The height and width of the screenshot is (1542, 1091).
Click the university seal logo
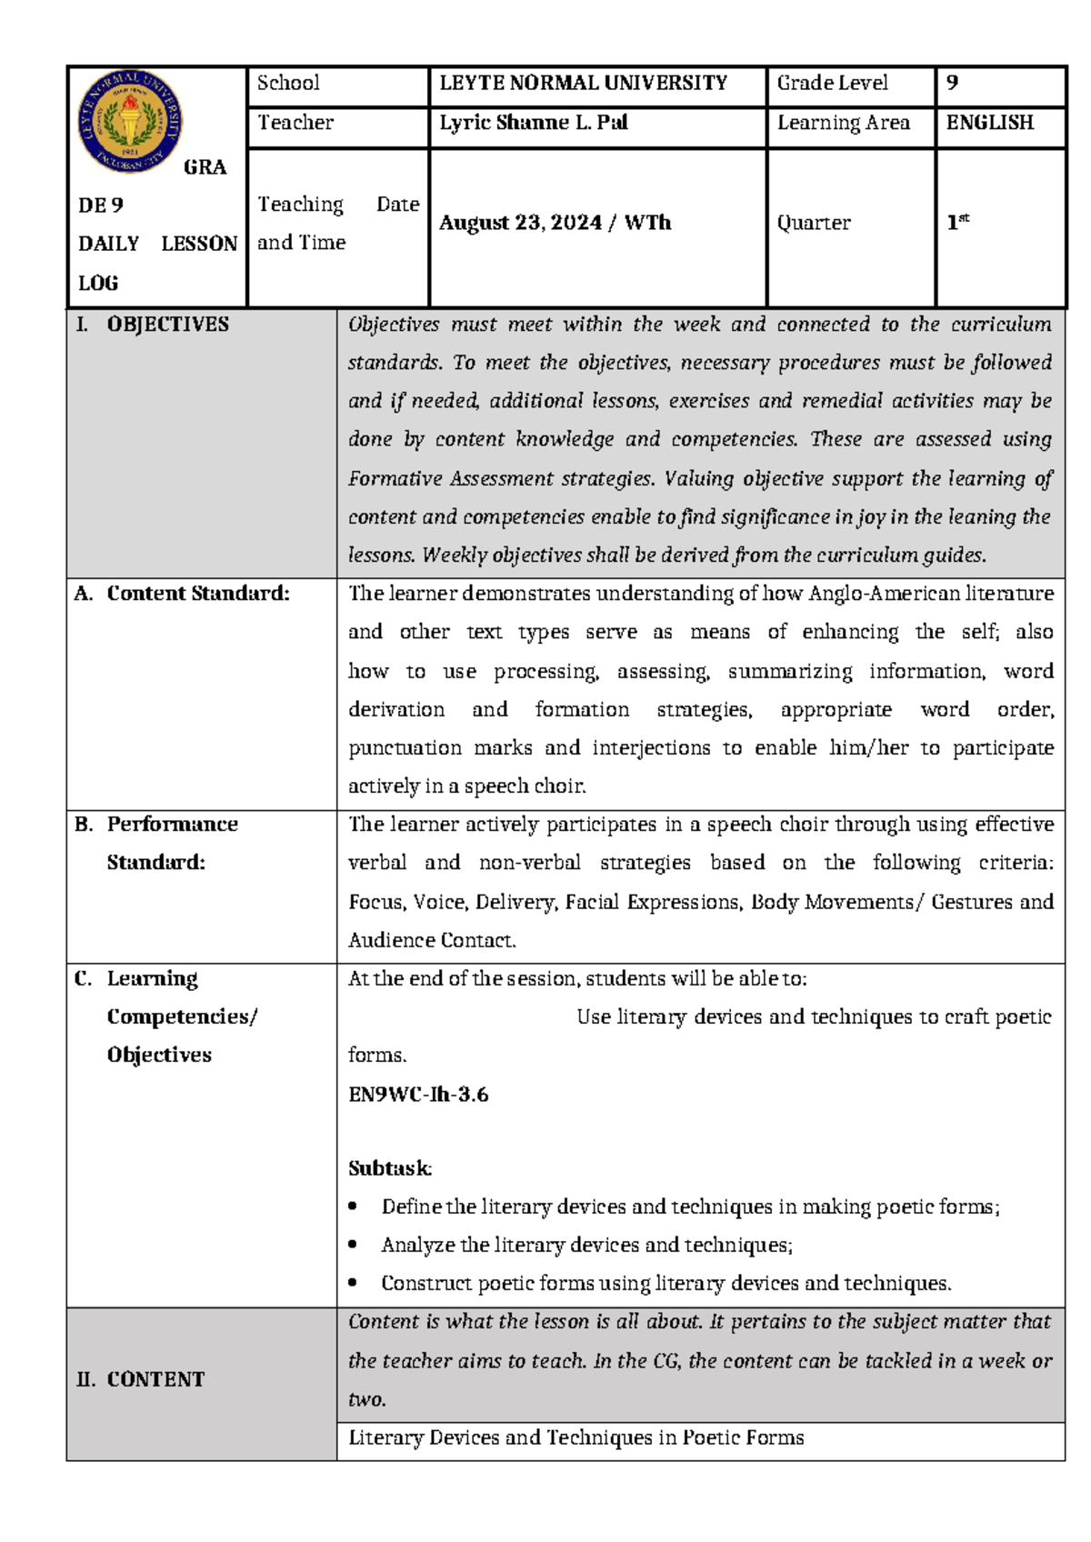(129, 122)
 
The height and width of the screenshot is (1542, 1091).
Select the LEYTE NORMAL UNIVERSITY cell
(583, 84)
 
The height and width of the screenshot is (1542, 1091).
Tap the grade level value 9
(952, 84)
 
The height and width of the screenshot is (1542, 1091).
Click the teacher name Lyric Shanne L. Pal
(534, 123)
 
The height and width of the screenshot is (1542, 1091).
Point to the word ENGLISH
(989, 123)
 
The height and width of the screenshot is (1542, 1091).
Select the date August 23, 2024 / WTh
(555, 224)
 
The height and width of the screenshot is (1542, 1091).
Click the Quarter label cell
(813, 224)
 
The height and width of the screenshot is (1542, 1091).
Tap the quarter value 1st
(957, 223)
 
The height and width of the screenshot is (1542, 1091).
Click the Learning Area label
(843, 123)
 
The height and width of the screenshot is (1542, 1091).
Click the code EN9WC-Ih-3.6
(418, 1095)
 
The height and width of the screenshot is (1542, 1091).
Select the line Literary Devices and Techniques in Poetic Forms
(576, 1438)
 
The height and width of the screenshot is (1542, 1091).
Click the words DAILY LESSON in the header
(157, 244)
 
